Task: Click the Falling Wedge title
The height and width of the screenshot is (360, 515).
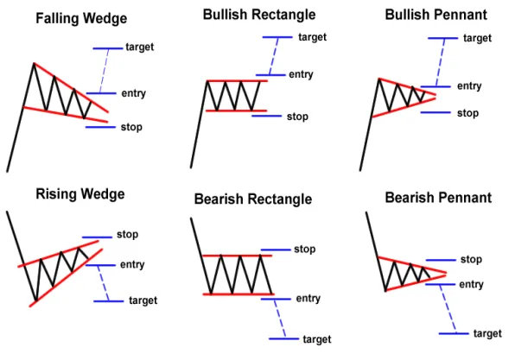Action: (x=81, y=18)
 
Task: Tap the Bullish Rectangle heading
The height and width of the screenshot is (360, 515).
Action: (x=259, y=15)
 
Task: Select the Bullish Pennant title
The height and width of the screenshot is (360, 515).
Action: (x=436, y=15)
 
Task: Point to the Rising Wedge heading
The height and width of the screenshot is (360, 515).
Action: (x=80, y=194)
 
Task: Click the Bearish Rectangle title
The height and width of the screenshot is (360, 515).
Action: (x=253, y=199)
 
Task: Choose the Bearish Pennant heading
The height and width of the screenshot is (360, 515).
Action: (x=438, y=198)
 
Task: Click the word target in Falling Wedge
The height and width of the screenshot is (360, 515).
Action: (x=140, y=47)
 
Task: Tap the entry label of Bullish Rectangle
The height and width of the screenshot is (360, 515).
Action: (x=301, y=75)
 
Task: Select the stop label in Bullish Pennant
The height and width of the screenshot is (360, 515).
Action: (x=467, y=113)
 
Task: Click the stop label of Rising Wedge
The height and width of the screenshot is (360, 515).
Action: (x=127, y=235)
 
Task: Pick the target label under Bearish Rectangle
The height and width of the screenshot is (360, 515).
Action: (x=317, y=339)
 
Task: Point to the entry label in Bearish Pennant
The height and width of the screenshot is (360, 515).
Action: (x=471, y=285)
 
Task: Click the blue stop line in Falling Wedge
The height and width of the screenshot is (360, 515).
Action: (x=100, y=127)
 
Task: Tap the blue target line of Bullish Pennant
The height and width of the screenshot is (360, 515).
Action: (x=442, y=38)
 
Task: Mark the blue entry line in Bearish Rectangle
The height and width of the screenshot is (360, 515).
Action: (x=276, y=299)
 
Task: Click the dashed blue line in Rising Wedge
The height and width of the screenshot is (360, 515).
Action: (x=104, y=283)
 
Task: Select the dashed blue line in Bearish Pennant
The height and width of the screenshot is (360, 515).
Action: (x=448, y=309)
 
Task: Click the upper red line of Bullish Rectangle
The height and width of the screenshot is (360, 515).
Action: (x=237, y=81)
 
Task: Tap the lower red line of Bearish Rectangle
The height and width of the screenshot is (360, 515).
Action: (x=238, y=294)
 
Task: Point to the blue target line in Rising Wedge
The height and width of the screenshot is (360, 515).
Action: (x=109, y=301)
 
